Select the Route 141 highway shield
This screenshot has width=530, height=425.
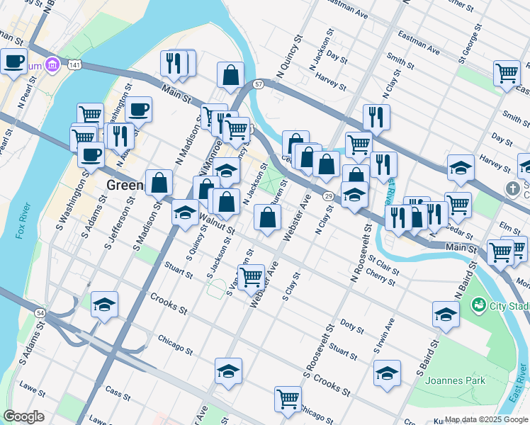click(74, 64)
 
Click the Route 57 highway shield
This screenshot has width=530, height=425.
click(259, 84)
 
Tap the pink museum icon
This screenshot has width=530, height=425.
click(51, 66)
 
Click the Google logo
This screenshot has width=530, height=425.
click(24, 416)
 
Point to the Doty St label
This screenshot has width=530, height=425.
click(351, 327)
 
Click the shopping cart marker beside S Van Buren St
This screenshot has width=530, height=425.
click(250, 277)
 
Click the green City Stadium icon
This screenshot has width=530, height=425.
click(480, 306)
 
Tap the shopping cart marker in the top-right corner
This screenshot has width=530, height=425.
click(507, 73)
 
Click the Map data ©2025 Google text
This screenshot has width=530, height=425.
click(486, 419)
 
